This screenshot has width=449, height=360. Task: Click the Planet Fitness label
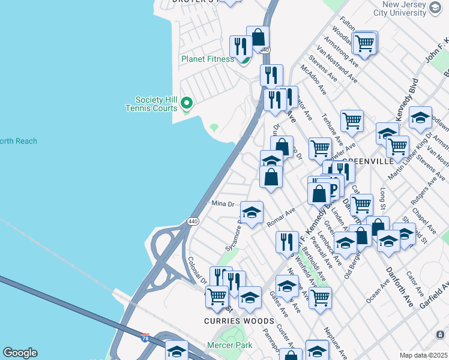(x=208, y=59)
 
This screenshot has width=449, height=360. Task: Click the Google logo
(x=20, y=353)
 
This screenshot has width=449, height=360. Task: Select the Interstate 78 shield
(x=145, y=338)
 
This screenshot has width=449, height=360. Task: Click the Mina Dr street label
(x=223, y=204)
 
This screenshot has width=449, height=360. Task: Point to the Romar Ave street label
(x=282, y=217)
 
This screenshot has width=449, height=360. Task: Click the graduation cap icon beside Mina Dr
(x=252, y=212)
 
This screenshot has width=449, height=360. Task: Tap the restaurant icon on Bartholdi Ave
(x=288, y=241)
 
